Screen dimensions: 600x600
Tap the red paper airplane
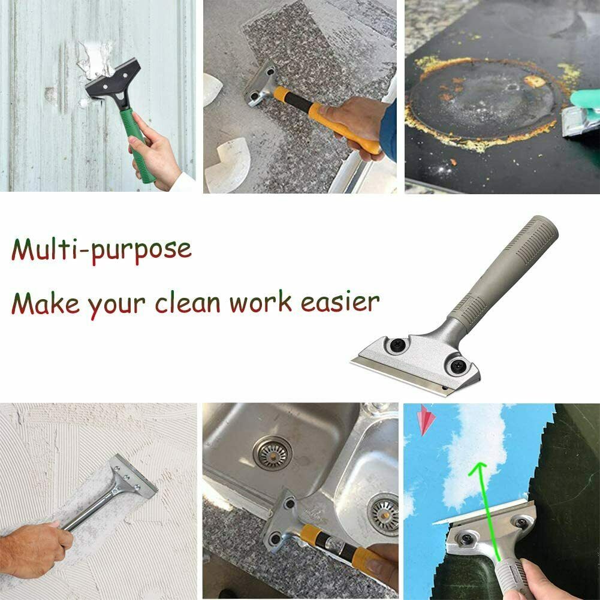coord(427,420)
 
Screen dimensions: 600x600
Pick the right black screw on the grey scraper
coord(455,365)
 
